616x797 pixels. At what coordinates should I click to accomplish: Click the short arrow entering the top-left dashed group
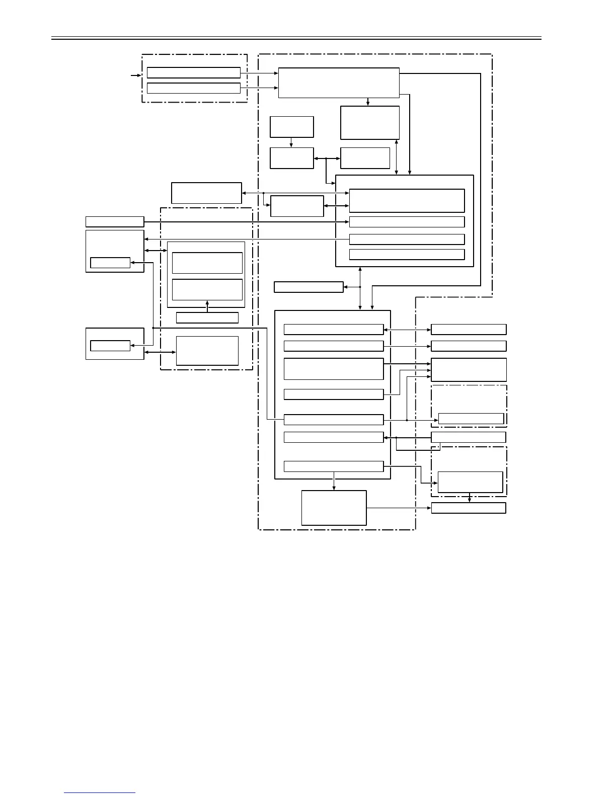point(135,75)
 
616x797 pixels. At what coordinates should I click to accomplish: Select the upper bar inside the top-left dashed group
point(193,72)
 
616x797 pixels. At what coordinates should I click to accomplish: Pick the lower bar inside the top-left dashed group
point(193,88)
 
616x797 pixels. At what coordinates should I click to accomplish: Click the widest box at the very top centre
point(338,83)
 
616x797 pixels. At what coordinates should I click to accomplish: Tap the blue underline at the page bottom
point(100,792)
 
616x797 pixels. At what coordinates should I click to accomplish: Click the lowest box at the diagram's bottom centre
point(334,508)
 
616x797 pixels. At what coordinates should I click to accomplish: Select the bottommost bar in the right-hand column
point(469,508)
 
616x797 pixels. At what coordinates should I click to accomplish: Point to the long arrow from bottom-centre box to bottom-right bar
point(399,508)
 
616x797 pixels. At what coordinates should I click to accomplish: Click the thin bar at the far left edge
point(115,221)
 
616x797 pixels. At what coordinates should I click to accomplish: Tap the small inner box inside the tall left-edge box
point(110,263)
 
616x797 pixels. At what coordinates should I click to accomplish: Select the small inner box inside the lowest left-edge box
point(110,346)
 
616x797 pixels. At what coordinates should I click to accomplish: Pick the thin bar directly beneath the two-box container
point(207,317)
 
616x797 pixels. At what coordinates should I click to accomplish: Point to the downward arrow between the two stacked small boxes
point(291,142)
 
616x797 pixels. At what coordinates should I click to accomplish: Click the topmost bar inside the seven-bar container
point(333,330)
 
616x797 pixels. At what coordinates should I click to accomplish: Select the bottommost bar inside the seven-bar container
point(333,466)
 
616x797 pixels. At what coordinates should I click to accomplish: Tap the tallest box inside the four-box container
point(407,201)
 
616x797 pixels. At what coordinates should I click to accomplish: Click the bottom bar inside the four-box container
point(407,255)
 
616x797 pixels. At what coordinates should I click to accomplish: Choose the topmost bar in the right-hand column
point(469,330)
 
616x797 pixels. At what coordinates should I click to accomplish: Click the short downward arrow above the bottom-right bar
point(470,498)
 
